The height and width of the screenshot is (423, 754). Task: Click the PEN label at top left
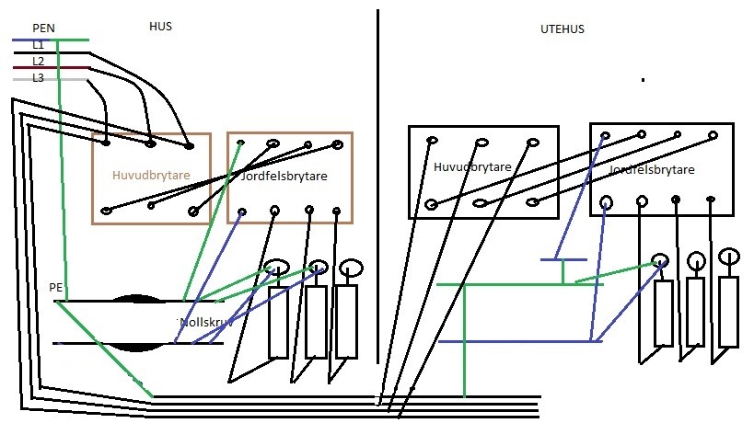[x=44, y=29]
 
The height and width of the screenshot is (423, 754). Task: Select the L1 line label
[x=38, y=44]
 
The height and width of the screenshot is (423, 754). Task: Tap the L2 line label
[x=38, y=61]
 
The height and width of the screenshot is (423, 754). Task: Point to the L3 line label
[x=38, y=78]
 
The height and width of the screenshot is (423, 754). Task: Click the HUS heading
[x=160, y=27]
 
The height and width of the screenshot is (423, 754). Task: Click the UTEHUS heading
[x=562, y=29]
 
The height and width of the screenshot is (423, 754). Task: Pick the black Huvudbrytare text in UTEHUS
[x=471, y=167]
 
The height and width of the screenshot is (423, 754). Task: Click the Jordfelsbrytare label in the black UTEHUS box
[x=652, y=170]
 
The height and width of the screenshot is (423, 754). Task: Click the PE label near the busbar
[x=55, y=288]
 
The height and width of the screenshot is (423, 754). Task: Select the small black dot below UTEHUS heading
[x=643, y=81]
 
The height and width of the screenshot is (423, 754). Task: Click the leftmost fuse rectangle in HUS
[x=278, y=323]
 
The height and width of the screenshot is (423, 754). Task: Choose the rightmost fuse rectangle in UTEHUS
[x=728, y=311]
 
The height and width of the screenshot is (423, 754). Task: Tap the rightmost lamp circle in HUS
[x=351, y=268]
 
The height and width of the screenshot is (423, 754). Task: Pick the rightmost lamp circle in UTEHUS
[x=729, y=255]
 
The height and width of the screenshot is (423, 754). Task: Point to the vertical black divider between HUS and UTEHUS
[x=377, y=184]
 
